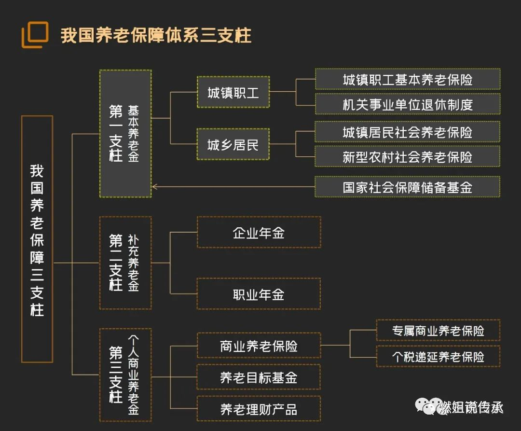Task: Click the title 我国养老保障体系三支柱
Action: tap(156, 36)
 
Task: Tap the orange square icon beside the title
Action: tap(35, 34)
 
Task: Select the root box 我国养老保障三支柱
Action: tap(37, 238)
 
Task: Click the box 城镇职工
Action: tap(233, 92)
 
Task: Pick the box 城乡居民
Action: tap(233, 144)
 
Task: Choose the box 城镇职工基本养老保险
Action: tap(407, 79)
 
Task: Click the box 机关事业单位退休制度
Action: tap(407, 104)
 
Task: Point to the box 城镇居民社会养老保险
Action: tap(407, 132)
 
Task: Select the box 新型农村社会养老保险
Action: tap(407, 156)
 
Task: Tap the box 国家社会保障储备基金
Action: tap(407, 187)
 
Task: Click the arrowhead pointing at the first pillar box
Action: tap(155, 187)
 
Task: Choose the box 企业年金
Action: tap(259, 232)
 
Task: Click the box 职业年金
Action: tap(259, 294)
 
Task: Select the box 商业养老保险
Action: tap(259, 346)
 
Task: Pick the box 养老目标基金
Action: tap(259, 377)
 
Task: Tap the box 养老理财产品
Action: tap(259, 409)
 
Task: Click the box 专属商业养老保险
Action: tap(438, 331)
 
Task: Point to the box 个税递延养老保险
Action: tap(438, 357)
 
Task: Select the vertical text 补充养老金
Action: tap(133, 263)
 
